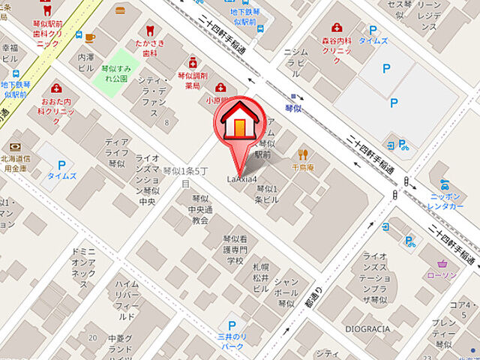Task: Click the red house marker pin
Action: [238, 124]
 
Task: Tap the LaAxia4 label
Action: [242, 179]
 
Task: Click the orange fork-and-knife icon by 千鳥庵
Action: [304, 154]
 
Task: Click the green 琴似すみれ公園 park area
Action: [118, 67]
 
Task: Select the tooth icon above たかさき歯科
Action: [148, 31]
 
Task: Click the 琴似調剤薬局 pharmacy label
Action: [192, 80]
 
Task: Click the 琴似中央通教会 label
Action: [199, 210]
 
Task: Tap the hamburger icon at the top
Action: [120, 10]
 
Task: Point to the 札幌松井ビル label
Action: [260, 278]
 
